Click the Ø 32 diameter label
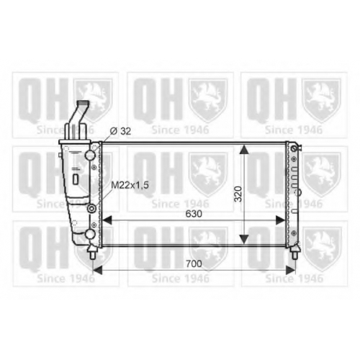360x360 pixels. coord(120,131)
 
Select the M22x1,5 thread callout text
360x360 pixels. coord(130,185)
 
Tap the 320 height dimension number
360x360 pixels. coord(238,194)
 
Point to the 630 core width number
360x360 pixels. coord(194,214)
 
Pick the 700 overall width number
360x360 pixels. coord(194,264)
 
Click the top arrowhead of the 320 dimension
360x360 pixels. coord(244,150)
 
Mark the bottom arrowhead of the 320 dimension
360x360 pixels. coord(244,239)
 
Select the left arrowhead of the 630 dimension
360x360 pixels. coord(107,220)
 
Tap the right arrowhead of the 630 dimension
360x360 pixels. coord(281,220)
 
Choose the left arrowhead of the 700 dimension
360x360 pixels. coord(98,270)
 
